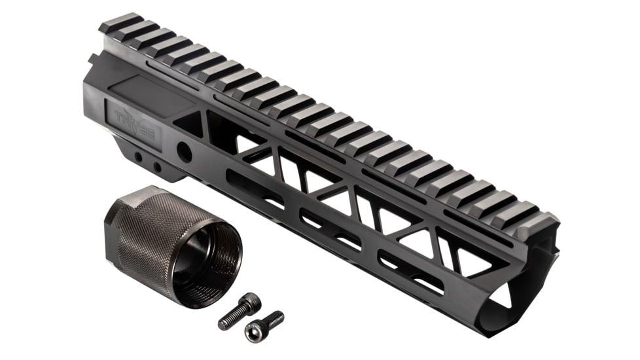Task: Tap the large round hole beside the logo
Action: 185,152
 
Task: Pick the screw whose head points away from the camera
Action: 240,312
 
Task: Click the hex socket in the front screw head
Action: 252,332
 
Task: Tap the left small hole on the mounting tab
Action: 139,158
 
